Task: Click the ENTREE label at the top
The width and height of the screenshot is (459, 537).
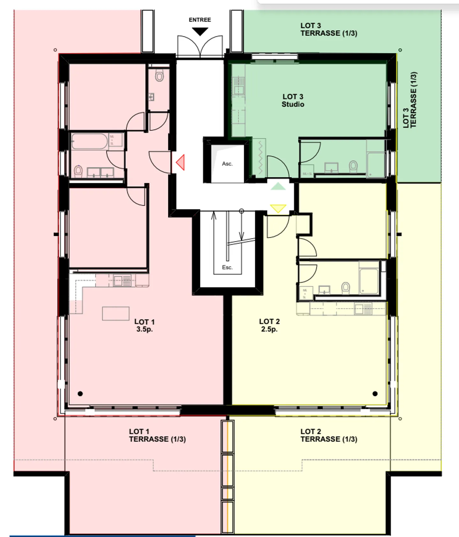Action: [200, 20]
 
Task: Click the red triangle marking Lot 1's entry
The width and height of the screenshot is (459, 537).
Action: [181, 162]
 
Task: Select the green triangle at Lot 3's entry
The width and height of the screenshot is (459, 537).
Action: [278, 187]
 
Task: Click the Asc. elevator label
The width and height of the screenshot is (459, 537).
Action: [227, 164]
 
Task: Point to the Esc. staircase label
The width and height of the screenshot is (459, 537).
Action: [227, 267]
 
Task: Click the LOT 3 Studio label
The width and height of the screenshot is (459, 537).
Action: [293, 100]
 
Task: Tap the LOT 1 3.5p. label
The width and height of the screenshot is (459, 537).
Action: [144, 325]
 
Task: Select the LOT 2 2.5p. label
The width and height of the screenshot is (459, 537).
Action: [269, 325]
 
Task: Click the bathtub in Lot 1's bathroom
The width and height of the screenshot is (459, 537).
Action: [90, 141]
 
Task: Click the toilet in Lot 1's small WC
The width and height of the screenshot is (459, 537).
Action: [159, 75]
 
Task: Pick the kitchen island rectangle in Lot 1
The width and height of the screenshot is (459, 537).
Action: [116, 313]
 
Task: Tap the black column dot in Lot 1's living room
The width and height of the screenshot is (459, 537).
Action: [80, 394]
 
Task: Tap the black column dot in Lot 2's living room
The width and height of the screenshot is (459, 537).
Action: [375, 394]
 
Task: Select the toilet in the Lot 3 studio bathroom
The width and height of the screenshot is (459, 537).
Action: [353, 166]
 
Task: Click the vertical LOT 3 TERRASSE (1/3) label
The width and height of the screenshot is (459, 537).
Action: [410, 100]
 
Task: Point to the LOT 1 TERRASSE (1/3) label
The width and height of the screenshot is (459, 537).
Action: [157, 435]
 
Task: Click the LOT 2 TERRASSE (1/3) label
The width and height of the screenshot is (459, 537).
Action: [329, 435]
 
